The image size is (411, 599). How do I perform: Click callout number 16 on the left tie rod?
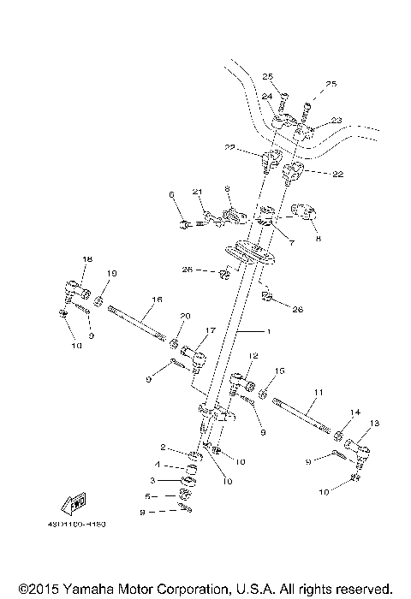tap(157, 300)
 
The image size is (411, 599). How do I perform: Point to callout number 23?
tap(313, 121)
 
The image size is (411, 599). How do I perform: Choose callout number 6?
tap(171, 195)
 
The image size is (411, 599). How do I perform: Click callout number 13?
tap(373, 423)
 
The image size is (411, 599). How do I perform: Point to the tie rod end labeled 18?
tap(74, 287)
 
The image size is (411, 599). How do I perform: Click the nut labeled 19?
tap(99, 301)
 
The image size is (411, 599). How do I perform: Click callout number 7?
tap(291, 243)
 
